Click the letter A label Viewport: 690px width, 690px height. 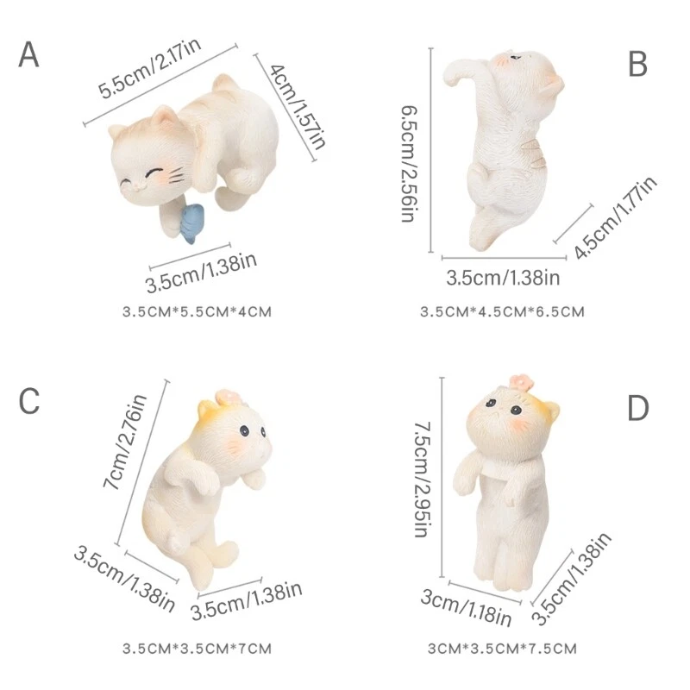pyautogui.click(x=29, y=54)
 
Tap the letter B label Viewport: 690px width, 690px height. pyautogui.click(x=637, y=64)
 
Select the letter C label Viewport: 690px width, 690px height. pyautogui.click(x=29, y=401)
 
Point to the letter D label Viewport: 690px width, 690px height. pyautogui.click(x=638, y=408)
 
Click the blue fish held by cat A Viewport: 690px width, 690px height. pyautogui.click(x=190, y=223)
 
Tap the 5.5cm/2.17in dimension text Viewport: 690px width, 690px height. pyautogui.click(x=149, y=67)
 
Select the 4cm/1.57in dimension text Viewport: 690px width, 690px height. pyautogui.click(x=298, y=106)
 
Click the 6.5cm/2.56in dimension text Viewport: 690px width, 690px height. pyautogui.click(x=409, y=164)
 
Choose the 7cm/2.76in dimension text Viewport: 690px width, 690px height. pyautogui.click(x=125, y=442)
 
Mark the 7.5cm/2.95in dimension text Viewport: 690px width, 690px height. pyautogui.click(x=422, y=480)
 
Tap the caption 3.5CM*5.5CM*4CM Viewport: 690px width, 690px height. pyautogui.click(x=198, y=312)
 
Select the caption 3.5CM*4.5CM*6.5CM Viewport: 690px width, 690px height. pyautogui.click(x=503, y=312)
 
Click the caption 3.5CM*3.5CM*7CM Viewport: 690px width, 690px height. pyautogui.click(x=198, y=649)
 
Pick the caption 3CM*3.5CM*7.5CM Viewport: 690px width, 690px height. pyautogui.click(x=503, y=649)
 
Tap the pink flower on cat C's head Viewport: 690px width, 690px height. pyautogui.click(x=228, y=398)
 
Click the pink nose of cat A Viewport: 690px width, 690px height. pyautogui.click(x=137, y=187)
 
